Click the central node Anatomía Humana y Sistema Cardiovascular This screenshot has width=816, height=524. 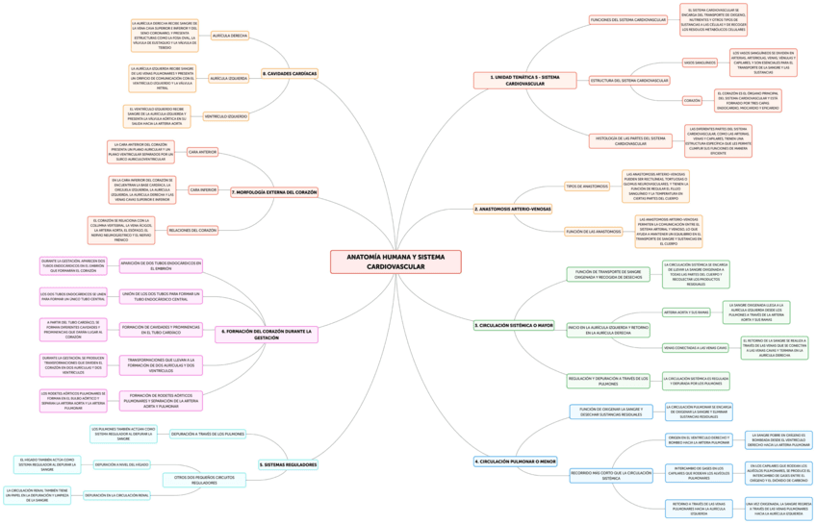(396, 262)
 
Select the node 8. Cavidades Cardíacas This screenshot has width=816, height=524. (290, 73)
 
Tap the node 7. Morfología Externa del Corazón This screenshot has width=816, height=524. (274, 192)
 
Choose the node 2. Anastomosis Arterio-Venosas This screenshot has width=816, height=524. (514, 209)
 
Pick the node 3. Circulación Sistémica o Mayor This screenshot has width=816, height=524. (514, 326)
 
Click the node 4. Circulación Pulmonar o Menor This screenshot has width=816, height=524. (516, 462)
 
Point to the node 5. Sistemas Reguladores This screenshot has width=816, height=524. (289, 464)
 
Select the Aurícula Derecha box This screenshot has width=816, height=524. (230, 36)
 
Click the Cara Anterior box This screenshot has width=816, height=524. (202, 152)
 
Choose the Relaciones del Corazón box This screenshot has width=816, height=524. (192, 231)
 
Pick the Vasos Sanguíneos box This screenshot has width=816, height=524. (700, 62)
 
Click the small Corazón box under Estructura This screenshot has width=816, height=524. (692, 100)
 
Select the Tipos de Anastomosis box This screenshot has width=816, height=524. (587, 186)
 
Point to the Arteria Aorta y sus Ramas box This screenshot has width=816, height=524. (686, 312)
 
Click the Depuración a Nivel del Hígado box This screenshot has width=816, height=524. (122, 464)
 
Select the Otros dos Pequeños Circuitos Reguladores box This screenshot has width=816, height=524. (204, 480)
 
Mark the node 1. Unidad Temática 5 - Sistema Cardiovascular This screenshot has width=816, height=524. (524, 80)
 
